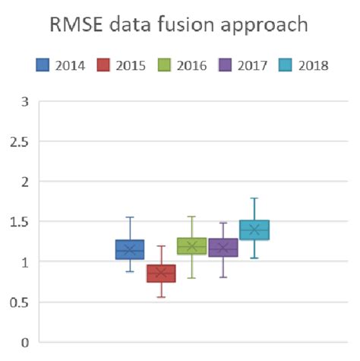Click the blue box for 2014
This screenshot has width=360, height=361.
(x=130, y=249)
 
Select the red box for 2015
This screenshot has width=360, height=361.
(x=161, y=273)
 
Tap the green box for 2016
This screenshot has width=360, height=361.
(x=192, y=245)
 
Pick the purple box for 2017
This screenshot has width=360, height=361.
(x=223, y=247)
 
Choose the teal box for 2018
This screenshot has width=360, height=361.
(x=254, y=230)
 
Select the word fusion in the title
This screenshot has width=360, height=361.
(x=202, y=25)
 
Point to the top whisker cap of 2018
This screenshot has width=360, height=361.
(x=254, y=198)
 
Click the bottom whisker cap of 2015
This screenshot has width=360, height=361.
(x=161, y=296)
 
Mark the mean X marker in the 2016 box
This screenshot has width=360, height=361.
(x=192, y=246)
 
